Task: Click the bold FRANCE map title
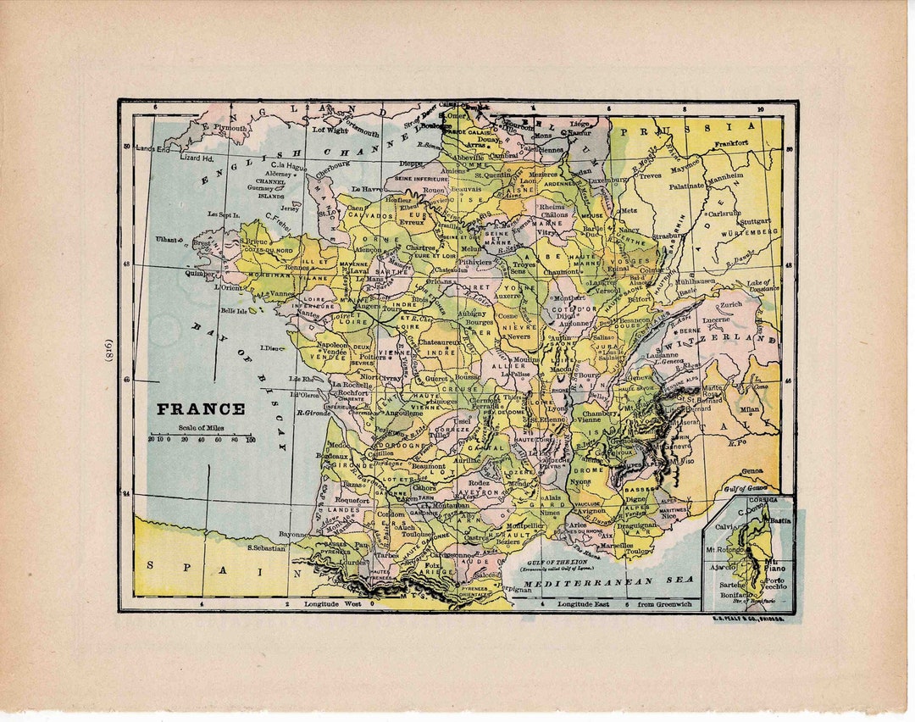[x=201, y=409]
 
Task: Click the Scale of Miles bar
[x=202, y=435]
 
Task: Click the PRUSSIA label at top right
[x=693, y=128]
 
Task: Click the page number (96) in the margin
[x=108, y=354]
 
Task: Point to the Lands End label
[x=152, y=149]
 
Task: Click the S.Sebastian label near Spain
[x=266, y=548]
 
